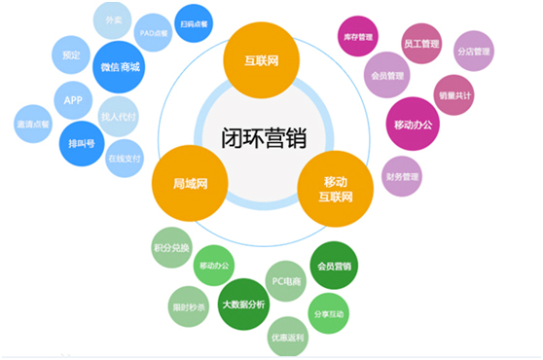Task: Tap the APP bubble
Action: [x=73, y=100]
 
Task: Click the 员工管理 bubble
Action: [x=421, y=44]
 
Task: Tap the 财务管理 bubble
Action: [x=403, y=176]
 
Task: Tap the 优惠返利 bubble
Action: [x=288, y=337]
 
